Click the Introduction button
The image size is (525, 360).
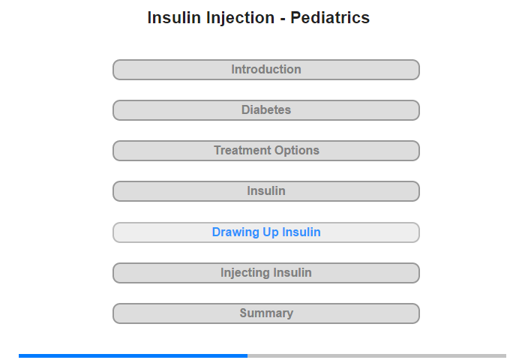tap(266, 70)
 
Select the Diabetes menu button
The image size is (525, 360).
tap(266, 110)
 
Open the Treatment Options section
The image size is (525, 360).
tap(266, 151)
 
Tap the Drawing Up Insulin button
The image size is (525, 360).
tap(266, 232)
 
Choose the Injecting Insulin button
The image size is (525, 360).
tap(266, 273)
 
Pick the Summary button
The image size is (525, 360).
tap(266, 313)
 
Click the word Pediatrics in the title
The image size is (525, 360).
tap(330, 18)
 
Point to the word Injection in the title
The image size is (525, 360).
tap(241, 19)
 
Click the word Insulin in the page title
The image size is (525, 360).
tap(174, 18)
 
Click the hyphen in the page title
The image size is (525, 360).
tap(283, 19)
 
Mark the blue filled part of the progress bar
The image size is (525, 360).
tap(133, 355)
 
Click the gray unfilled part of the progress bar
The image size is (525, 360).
tap(377, 355)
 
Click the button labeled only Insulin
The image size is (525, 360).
tap(266, 191)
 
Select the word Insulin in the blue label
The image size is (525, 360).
tap(301, 232)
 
